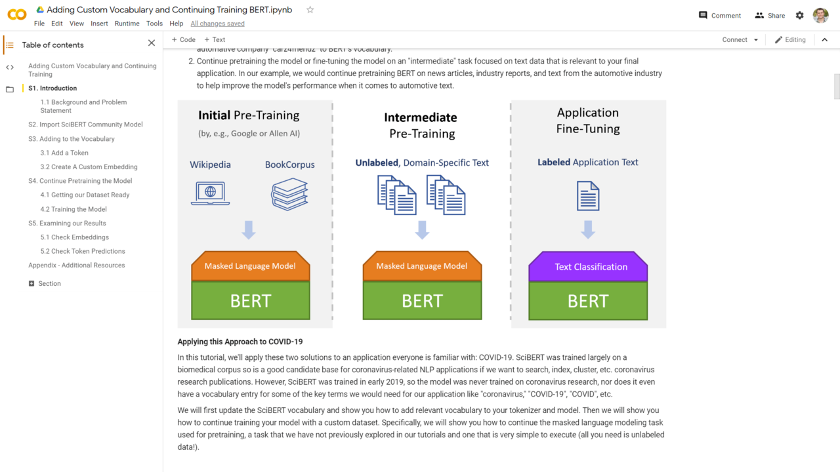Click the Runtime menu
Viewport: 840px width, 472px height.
(x=127, y=24)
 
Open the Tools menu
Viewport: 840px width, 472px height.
(x=154, y=24)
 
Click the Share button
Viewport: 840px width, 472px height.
(x=770, y=16)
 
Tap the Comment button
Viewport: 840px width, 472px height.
(x=720, y=16)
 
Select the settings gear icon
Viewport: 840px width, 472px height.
(x=799, y=16)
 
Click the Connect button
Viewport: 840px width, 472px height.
(x=735, y=40)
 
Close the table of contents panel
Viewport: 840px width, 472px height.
(x=152, y=43)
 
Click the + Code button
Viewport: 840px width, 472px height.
(x=184, y=40)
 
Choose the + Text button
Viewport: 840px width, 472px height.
(x=215, y=40)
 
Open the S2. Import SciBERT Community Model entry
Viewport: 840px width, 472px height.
(x=85, y=125)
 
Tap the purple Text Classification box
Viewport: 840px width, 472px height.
(x=588, y=267)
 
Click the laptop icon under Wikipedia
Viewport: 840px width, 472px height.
(x=210, y=193)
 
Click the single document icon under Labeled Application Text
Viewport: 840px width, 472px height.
(x=588, y=196)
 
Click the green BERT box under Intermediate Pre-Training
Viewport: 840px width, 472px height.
(x=422, y=301)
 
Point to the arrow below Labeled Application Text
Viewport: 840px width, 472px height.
(x=588, y=229)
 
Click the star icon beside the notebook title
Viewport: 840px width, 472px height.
(x=310, y=10)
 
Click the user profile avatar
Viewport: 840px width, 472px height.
(x=820, y=16)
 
